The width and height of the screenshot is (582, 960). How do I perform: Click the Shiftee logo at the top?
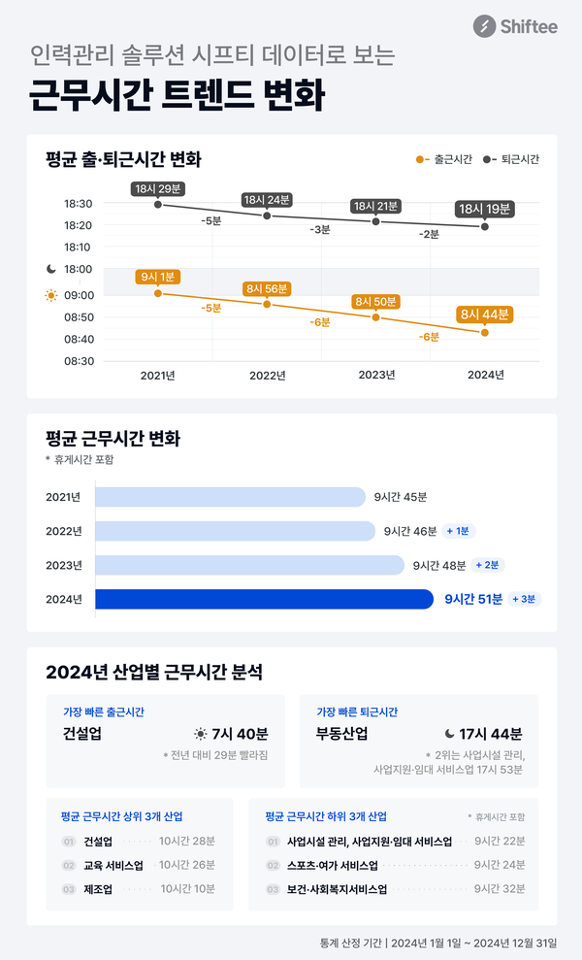point(515,27)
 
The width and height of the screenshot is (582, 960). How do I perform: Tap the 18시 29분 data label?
point(157,187)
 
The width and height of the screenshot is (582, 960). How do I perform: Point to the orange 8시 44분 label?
point(484,314)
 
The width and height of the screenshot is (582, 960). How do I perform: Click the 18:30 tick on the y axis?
point(79,204)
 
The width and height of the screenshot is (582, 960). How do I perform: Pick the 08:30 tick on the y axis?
point(79,361)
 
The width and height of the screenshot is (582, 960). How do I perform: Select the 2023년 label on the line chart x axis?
point(375,376)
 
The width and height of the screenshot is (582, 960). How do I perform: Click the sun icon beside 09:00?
point(51,295)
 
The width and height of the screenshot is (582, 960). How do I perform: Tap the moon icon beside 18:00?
point(51,269)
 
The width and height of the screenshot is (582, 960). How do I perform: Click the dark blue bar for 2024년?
point(264,599)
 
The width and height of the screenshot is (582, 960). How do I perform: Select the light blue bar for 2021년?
point(231,497)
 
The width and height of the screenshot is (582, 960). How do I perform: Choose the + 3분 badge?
point(525,599)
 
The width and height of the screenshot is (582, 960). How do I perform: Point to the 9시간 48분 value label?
point(439,565)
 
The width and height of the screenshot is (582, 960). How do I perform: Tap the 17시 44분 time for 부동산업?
point(491,734)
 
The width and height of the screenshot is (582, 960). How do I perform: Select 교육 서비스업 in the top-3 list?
point(113,865)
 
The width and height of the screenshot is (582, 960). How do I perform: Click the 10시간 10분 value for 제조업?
point(187,888)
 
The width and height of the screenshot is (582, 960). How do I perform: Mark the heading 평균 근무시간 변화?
point(113,439)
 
